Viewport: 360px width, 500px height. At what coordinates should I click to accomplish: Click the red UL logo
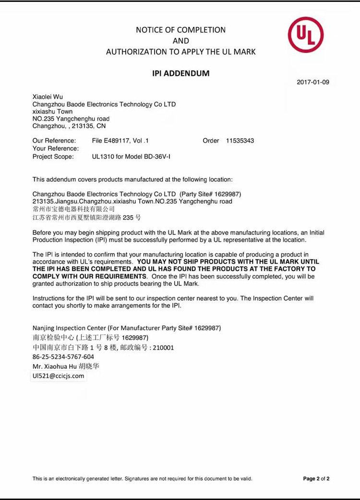pos(306,35)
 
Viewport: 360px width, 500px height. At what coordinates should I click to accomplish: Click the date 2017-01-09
pos(313,82)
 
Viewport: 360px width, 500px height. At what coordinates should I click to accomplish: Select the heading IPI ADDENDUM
pos(180,73)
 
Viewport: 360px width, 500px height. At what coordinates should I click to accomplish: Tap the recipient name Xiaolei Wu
pos(48,97)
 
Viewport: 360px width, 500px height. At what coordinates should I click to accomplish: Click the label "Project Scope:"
pos(53,157)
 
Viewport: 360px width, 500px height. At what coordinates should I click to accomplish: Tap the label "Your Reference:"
pos(55,148)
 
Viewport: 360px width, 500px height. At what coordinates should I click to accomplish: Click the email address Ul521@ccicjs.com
pos(58,376)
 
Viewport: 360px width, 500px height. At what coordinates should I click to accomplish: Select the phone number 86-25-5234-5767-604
pos(63,357)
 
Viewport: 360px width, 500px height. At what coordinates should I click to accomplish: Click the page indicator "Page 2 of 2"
pos(316,479)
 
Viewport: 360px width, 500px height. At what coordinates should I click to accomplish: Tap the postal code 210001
pos(164,347)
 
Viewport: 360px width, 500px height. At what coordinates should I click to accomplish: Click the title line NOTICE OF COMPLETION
pos(180,30)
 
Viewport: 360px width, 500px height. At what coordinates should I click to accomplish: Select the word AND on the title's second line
pos(180,41)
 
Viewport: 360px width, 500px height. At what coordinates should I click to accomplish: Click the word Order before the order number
pos(211,141)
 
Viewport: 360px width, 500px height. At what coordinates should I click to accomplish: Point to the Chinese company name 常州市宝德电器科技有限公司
pos(73,209)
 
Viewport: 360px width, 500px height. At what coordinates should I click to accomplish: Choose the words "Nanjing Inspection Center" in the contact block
pos(69,328)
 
